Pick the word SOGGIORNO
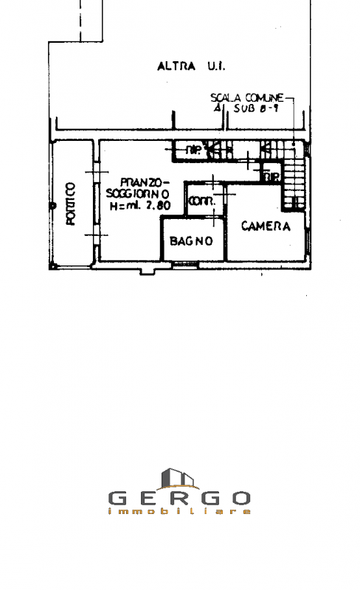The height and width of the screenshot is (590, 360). (x=138, y=194)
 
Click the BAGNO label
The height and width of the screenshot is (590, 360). (x=191, y=241)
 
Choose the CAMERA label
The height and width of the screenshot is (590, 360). (x=266, y=226)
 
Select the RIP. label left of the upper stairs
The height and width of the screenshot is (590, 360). (x=193, y=151)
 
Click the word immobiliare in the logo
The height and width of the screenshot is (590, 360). (x=179, y=511)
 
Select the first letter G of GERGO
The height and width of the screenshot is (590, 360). (x=118, y=498)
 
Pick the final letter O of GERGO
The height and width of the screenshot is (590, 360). (x=241, y=498)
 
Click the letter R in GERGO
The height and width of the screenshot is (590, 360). (x=179, y=498)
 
